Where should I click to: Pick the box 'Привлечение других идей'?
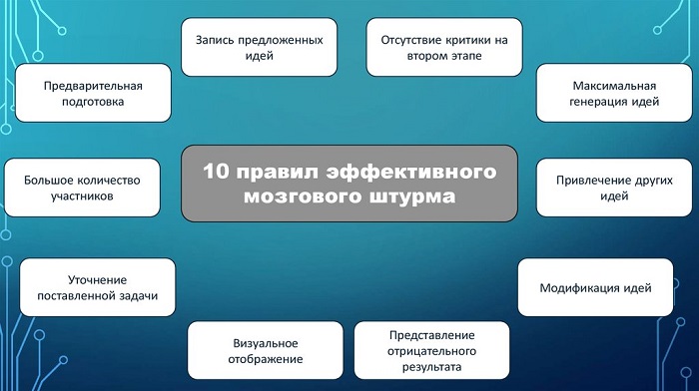click(606, 188)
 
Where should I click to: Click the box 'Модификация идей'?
click(595, 287)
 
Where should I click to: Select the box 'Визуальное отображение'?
click(263, 350)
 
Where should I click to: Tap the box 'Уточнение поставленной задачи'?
click(98, 287)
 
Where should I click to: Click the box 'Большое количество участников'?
click(83, 188)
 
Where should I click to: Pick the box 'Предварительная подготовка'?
click(93, 94)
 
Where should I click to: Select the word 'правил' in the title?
click(274, 172)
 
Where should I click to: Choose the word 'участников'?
click(83, 196)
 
